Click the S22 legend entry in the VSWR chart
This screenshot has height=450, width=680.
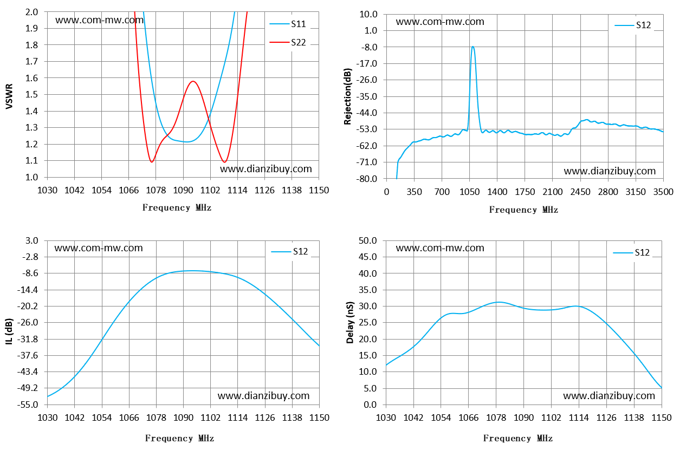288,42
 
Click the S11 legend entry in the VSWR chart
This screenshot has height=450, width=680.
288,24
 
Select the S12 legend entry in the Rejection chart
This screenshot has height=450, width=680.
633,25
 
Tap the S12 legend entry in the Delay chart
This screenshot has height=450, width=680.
631,252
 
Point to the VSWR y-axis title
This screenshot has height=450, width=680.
9,96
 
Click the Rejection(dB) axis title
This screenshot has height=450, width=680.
347,96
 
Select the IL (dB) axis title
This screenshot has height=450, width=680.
9,331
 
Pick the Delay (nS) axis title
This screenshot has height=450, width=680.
350,323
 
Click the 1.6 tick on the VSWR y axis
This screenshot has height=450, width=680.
31,78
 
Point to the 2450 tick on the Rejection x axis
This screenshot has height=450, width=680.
580,192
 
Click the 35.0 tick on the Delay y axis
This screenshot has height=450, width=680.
367,290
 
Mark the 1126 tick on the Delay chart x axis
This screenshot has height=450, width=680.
606,418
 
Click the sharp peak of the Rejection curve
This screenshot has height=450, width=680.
472,47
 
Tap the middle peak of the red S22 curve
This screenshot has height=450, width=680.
193,81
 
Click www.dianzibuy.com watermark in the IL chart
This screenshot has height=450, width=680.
263,396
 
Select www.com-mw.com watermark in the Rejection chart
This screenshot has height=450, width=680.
440,22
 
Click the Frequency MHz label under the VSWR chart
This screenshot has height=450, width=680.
177,208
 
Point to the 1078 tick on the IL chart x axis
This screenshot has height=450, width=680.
156,418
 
